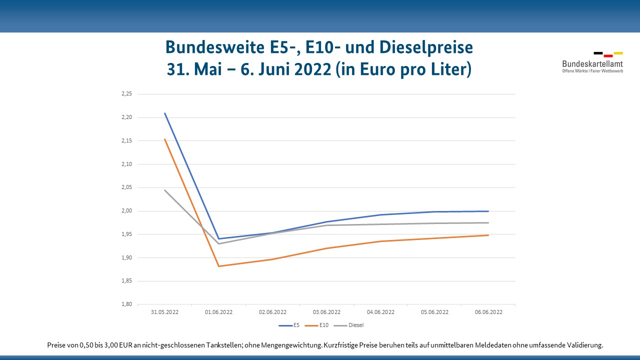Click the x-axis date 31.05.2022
click(164, 312)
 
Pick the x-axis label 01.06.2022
click(218, 312)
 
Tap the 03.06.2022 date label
click(326, 312)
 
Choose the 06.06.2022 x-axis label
click(488, 312)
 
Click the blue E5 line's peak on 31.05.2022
click(165, 113)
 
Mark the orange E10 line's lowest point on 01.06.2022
click(218, 266)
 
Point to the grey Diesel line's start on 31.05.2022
click(165, 190)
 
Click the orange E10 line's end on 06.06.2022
click(488, 235)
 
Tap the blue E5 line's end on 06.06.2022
click(488, 211)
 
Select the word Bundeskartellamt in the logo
click(592, 64)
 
